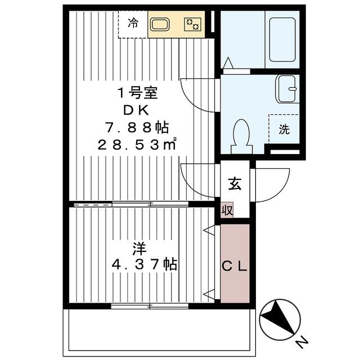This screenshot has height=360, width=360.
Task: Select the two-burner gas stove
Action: tap(193, 25)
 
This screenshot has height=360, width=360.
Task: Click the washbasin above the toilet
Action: tap(287, 89)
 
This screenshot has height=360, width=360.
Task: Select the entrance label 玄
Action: tap(235, 183)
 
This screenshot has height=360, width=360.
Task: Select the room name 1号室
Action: tap(138, 92)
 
